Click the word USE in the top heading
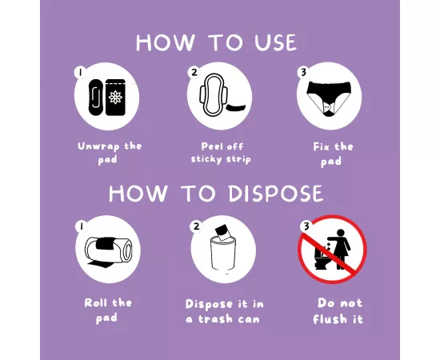pos(275,42)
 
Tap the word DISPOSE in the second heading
pos(275,194)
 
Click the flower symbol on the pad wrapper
pos(116,97)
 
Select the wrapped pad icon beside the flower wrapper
pos(95,98)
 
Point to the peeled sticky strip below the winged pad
pos(236,107)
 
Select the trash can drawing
pos(223,254)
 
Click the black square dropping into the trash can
pos(222,233)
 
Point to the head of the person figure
pos(340,233)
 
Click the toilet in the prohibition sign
pos(325,257)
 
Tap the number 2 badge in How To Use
pos(194,72)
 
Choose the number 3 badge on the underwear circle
pos(303,72)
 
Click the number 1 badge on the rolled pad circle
pos(82,226)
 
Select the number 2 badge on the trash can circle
pos(197,226)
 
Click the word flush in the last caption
pos(330,319)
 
